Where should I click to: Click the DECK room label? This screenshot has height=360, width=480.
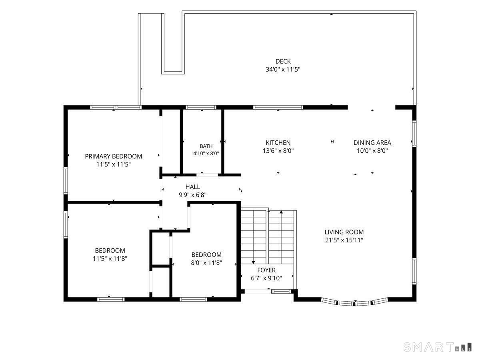point(283,62)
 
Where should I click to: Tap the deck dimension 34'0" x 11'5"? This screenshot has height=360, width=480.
point(283,70)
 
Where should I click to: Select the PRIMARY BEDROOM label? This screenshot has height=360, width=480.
point(114,156)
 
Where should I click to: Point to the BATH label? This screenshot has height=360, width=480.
point(206,146)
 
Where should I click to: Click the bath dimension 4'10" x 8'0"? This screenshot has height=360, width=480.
point(206,154)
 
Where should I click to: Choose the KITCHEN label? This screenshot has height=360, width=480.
point(278,143)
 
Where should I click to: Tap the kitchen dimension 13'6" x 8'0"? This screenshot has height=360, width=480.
point(278,151)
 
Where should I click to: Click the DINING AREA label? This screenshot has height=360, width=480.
point(372,143)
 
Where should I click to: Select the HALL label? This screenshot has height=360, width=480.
point(193,187)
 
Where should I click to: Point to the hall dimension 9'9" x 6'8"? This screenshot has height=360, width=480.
point(193,195)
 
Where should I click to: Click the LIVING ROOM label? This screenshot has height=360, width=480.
point(344,232)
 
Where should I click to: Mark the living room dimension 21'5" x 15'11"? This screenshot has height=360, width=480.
point(344,240)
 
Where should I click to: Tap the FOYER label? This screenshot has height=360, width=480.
point(266,270)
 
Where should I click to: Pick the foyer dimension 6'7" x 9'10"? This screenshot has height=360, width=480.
point(266,278)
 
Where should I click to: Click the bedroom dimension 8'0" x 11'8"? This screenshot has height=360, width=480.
point(206,263)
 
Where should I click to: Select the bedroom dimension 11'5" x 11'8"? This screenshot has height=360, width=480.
point(110,258)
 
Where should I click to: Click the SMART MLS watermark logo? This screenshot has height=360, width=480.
point(437,347)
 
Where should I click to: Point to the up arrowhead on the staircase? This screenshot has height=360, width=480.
point(281,212)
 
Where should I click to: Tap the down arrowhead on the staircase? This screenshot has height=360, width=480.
point(253,262)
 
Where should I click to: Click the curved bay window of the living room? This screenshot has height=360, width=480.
point(354,303)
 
